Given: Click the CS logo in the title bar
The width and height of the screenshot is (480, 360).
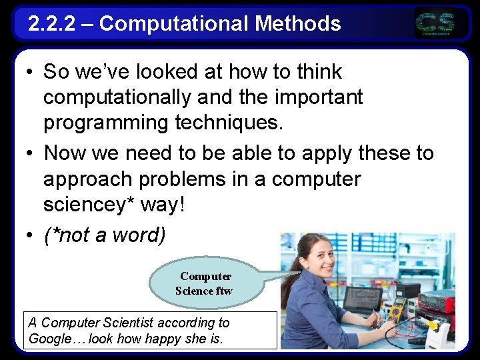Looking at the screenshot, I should (x=436, y=24).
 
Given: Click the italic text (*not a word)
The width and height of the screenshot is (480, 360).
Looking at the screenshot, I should (x=105, y=235).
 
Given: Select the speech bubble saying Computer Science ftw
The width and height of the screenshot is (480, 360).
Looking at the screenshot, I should (x=205, y=283).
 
